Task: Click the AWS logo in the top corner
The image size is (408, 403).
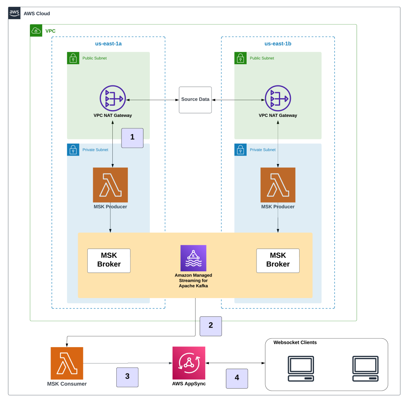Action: pos(14,13)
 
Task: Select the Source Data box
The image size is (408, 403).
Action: pos(195,100)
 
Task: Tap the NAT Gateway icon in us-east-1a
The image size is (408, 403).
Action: pos(113,98)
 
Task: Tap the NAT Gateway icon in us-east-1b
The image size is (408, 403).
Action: pos(278,98)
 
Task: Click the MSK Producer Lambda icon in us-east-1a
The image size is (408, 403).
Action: pos(110,185)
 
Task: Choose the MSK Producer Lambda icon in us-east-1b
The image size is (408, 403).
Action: pos(278,185)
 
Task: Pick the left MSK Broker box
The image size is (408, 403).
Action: pos(109,261)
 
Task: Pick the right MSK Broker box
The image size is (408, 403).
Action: pos(278,261)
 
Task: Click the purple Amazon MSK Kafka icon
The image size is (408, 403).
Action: pos(193,258)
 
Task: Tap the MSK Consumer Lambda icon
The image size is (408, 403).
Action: pos(67,363)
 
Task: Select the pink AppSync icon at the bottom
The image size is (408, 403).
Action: pos(189,363)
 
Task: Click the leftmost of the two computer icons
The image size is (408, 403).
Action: pos(301,369)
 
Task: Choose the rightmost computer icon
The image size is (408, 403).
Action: pos(365,369)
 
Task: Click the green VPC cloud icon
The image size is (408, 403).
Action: pos(36,31)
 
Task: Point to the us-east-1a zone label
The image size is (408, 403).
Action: pos(108,43)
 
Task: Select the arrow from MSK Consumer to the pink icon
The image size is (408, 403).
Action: pos(127,363)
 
